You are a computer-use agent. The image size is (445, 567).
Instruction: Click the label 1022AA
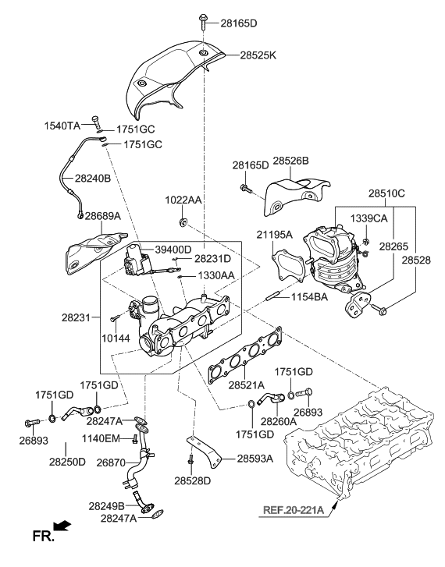[183, 200]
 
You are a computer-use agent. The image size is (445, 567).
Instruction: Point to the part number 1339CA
[368, 218]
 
